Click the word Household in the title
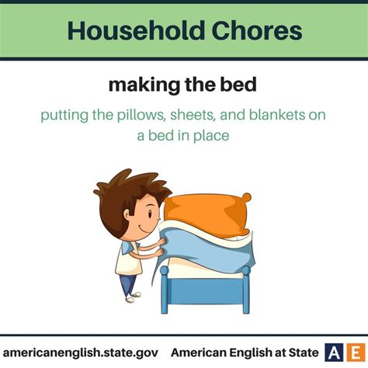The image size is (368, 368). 136,30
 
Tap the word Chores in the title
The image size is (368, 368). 257,30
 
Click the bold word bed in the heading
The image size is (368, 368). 238,84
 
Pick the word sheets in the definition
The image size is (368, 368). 193,115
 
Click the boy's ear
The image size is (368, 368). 127,214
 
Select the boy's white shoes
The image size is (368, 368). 133,297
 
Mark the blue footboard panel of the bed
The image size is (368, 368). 206,291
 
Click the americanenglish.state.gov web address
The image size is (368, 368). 81,352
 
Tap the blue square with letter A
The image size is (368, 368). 334,352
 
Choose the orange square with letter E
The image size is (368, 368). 356,352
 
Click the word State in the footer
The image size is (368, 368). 304,352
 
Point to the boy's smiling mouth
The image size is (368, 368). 144,230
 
